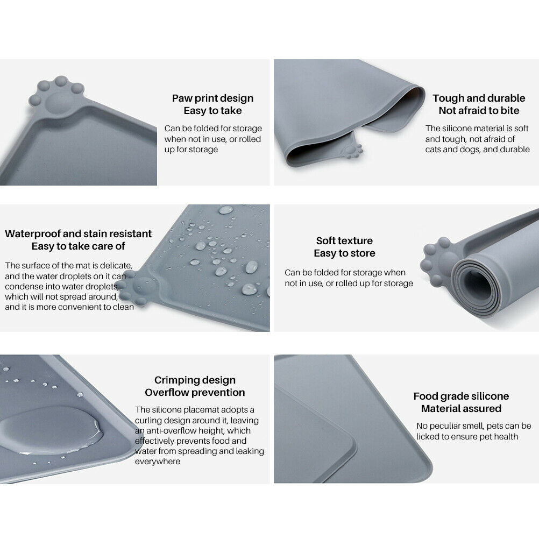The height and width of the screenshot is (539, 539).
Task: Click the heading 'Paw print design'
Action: click(213, 98)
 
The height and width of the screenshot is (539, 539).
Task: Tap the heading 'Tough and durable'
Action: click(479, 98)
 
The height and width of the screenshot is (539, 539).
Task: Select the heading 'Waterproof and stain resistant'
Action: click(78, 234)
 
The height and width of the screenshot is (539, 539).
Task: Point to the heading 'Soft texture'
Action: click(344, 240)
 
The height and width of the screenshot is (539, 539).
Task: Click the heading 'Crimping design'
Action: click(195, 380)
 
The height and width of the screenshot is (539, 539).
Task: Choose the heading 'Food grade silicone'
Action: click(461, 396)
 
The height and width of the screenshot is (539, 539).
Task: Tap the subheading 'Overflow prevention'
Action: click(195, 393)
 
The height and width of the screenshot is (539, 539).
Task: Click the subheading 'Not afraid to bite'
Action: click(479, 111)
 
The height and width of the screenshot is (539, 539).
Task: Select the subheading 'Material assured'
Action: click(461, 409)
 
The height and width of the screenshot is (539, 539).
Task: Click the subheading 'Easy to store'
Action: click(344, 253)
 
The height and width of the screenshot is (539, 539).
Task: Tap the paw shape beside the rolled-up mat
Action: click(438, 259)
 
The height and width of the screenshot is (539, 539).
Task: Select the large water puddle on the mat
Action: click(52, 430)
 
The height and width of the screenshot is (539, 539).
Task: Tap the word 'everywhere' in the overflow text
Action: click(158, 462)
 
